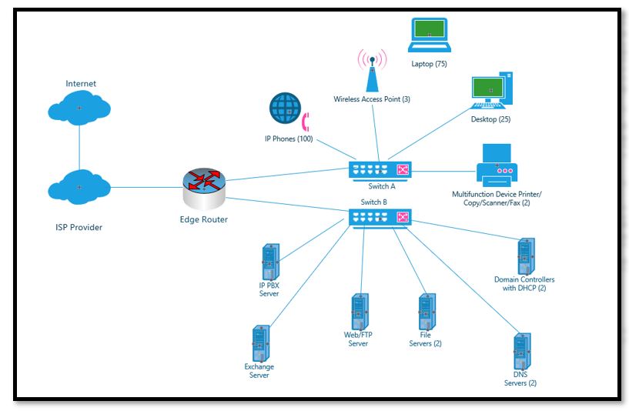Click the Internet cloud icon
[79, 109]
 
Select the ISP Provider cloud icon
[79, 188]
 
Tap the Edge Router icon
[205, 187]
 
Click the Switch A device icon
[380, 171]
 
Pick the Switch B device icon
[380, 218]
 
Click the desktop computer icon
[492, 91]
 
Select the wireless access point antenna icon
[372, 69]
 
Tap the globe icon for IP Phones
[285, 109]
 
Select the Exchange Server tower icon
[259, 343]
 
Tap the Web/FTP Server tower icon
[357, 311]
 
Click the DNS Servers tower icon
[522, 352]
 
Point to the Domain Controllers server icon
[525, 256]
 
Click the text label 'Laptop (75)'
[430, 64]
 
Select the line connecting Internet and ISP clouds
[79, 148]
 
